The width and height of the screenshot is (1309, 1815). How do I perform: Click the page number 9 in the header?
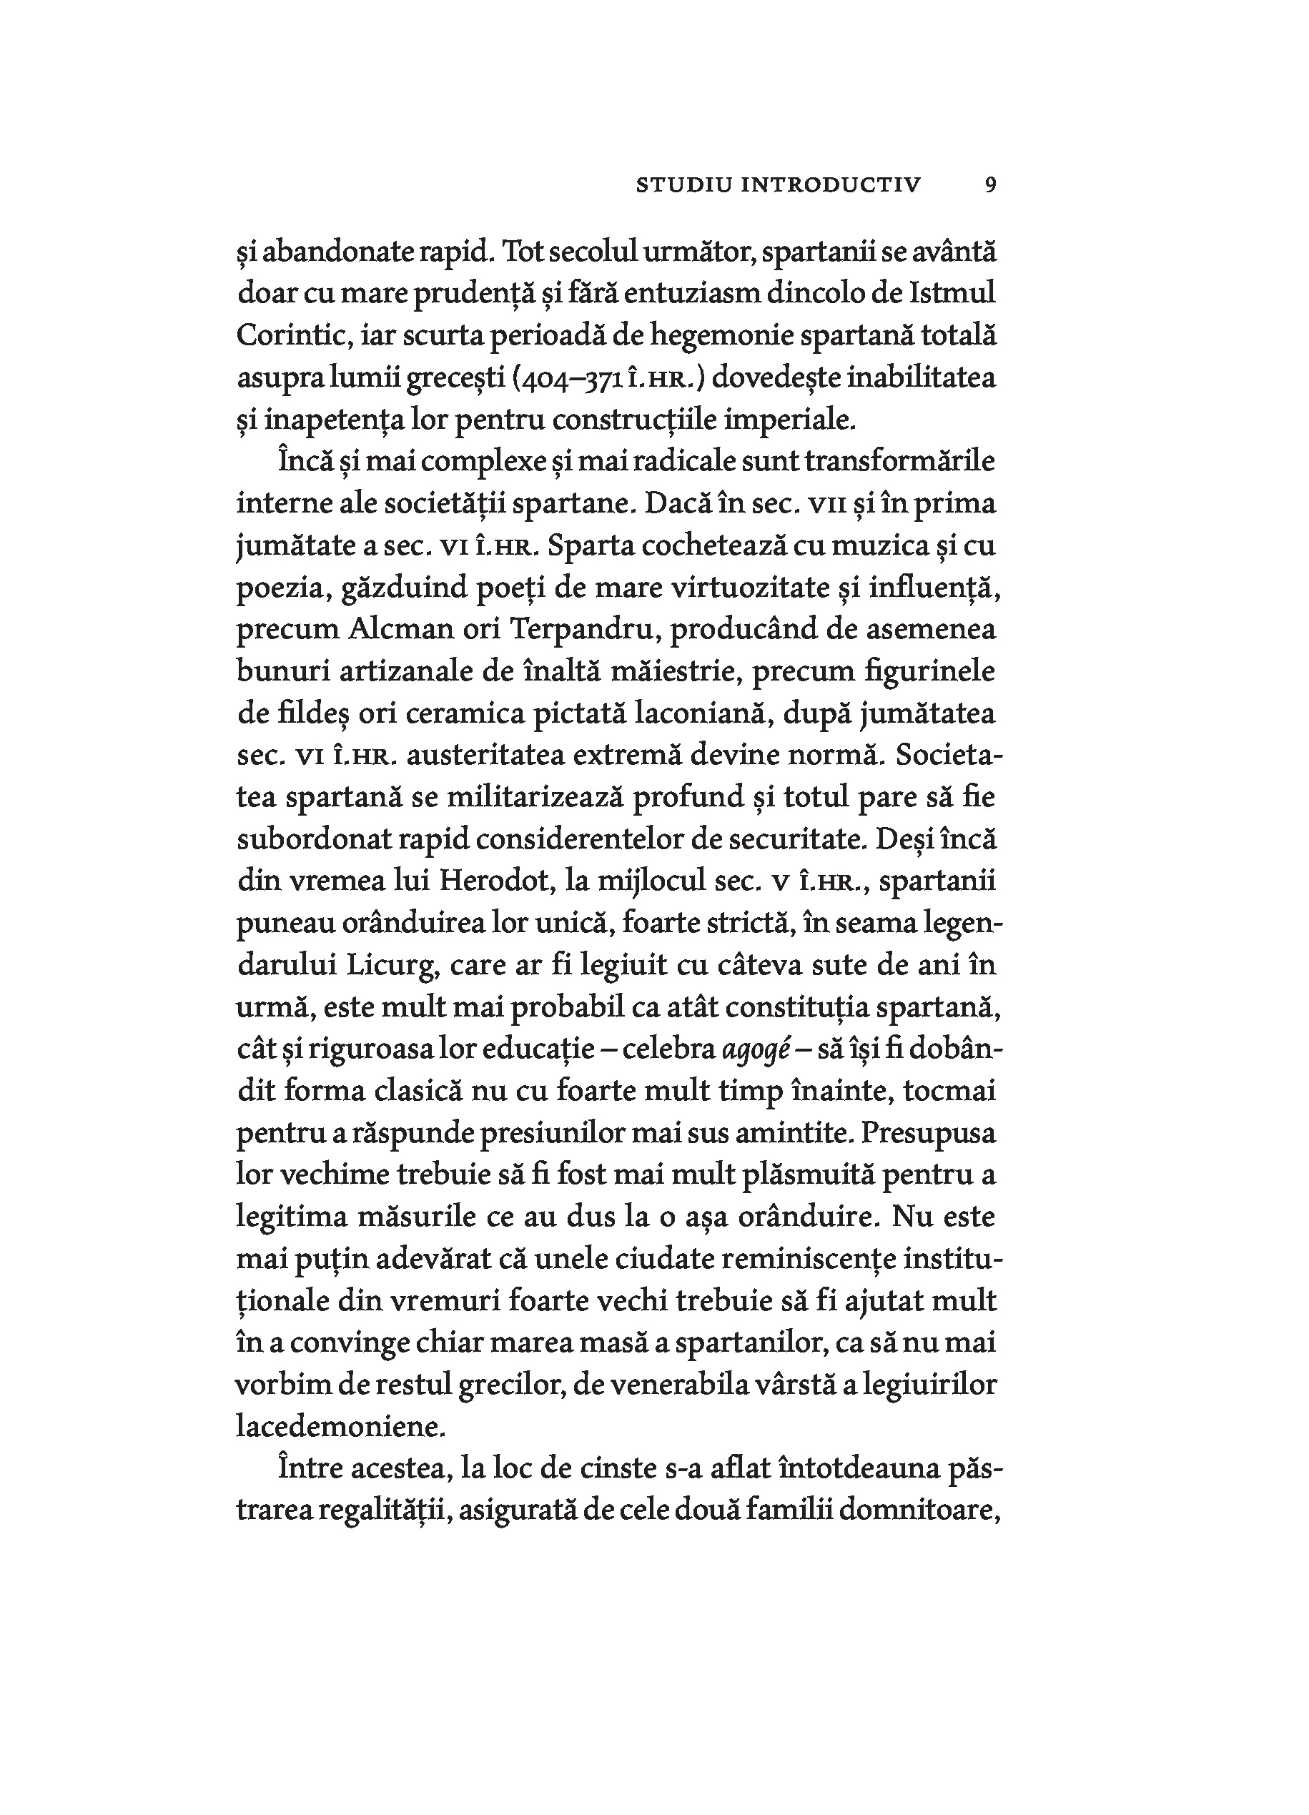pos(991,186)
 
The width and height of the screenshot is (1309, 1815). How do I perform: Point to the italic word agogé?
pos(750,1050)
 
